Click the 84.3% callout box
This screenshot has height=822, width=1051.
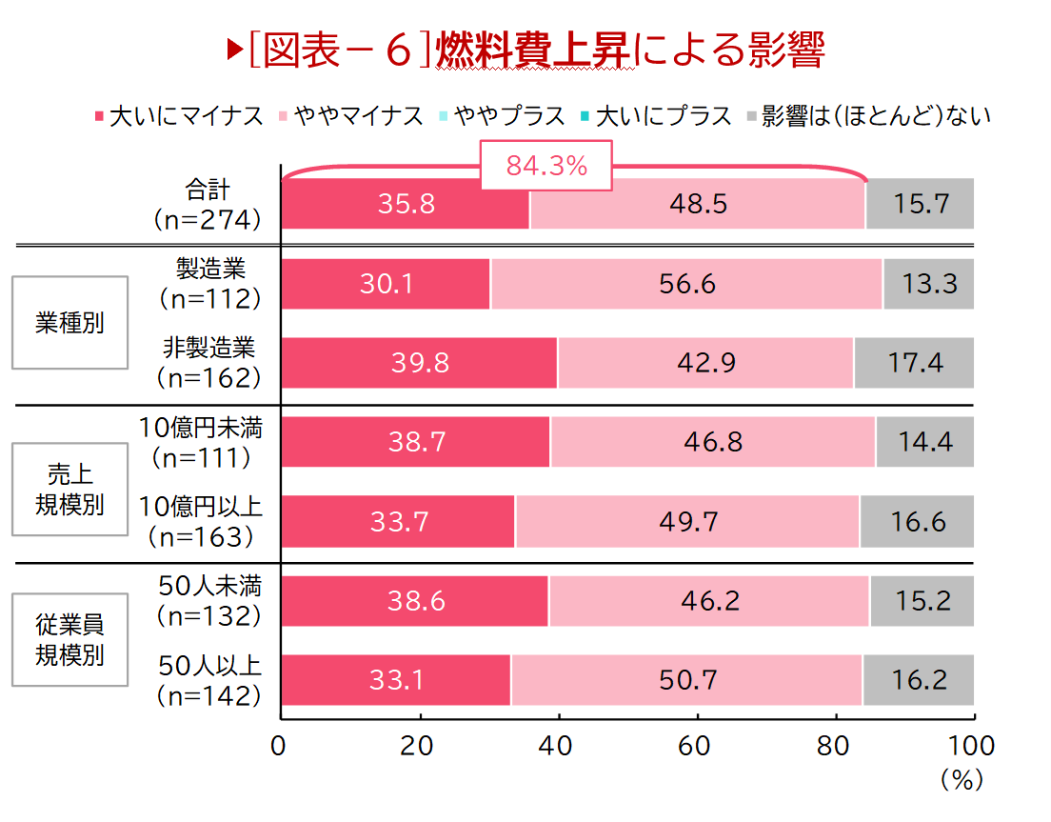tap(546, 167)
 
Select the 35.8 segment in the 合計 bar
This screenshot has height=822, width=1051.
tap(406, 204)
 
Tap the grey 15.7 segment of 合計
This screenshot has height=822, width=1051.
tap(920, 204)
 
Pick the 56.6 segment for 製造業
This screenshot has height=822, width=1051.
tap(686, 284)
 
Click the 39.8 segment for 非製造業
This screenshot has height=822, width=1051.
tap(420, 363)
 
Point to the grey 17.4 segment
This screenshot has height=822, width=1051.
tap(914, 363)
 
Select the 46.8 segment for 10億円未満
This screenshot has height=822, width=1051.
tap(713, 442)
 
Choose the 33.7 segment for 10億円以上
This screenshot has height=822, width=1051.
tap(398, 521)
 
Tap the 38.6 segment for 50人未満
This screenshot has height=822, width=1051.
tap(415, 601)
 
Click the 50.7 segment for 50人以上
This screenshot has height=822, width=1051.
tap(686, 680)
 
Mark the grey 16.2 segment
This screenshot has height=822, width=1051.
tap(919, 680)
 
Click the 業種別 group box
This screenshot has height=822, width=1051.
tap(69, 323)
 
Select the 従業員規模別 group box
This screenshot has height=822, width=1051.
tap(69, 639)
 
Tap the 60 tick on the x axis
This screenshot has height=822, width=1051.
tap(697, 745)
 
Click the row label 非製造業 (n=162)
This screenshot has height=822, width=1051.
tap(209, 362)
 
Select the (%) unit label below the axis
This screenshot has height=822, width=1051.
tap(960, 780)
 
